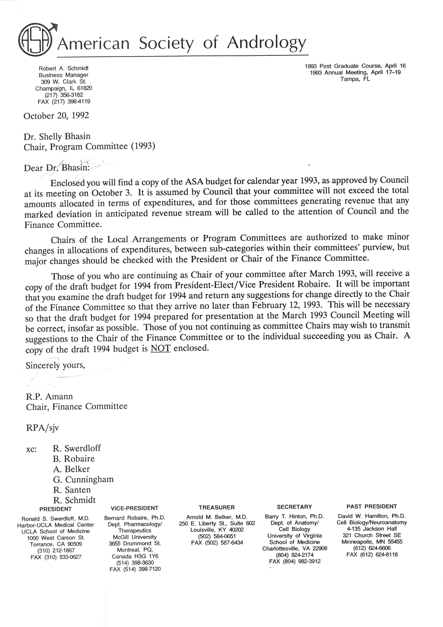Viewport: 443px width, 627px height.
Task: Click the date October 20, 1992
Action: [x=56, y=116]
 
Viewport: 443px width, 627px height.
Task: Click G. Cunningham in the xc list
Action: [x=83, y=479]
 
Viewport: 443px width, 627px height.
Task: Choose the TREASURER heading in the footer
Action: [x=216, y=507]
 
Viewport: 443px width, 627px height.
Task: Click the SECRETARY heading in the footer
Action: [x=294, y=507]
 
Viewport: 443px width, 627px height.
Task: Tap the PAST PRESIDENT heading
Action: [x=371, y=506]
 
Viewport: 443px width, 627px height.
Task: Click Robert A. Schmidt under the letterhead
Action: [x=64, y=68]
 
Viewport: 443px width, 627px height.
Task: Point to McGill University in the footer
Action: [x=135, y=537]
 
